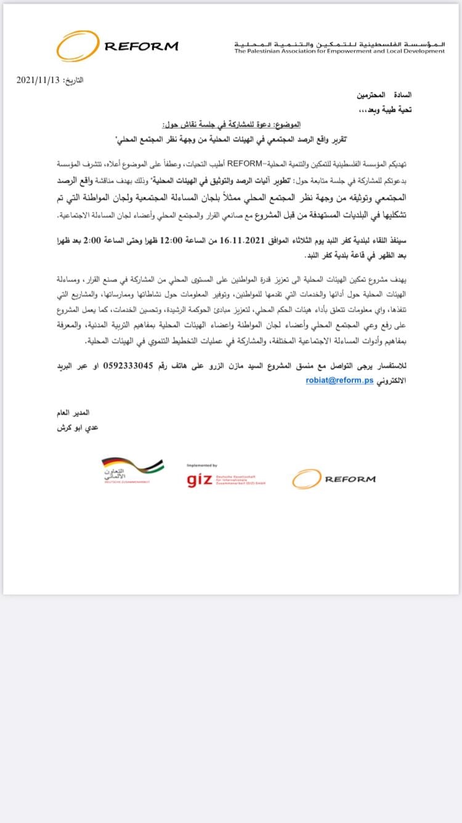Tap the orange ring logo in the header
click(77, 46)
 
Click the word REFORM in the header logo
click(141, 46)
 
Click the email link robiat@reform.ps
click(339, 381)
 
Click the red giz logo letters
click(200, 481)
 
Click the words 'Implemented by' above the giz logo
click(201, 466)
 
